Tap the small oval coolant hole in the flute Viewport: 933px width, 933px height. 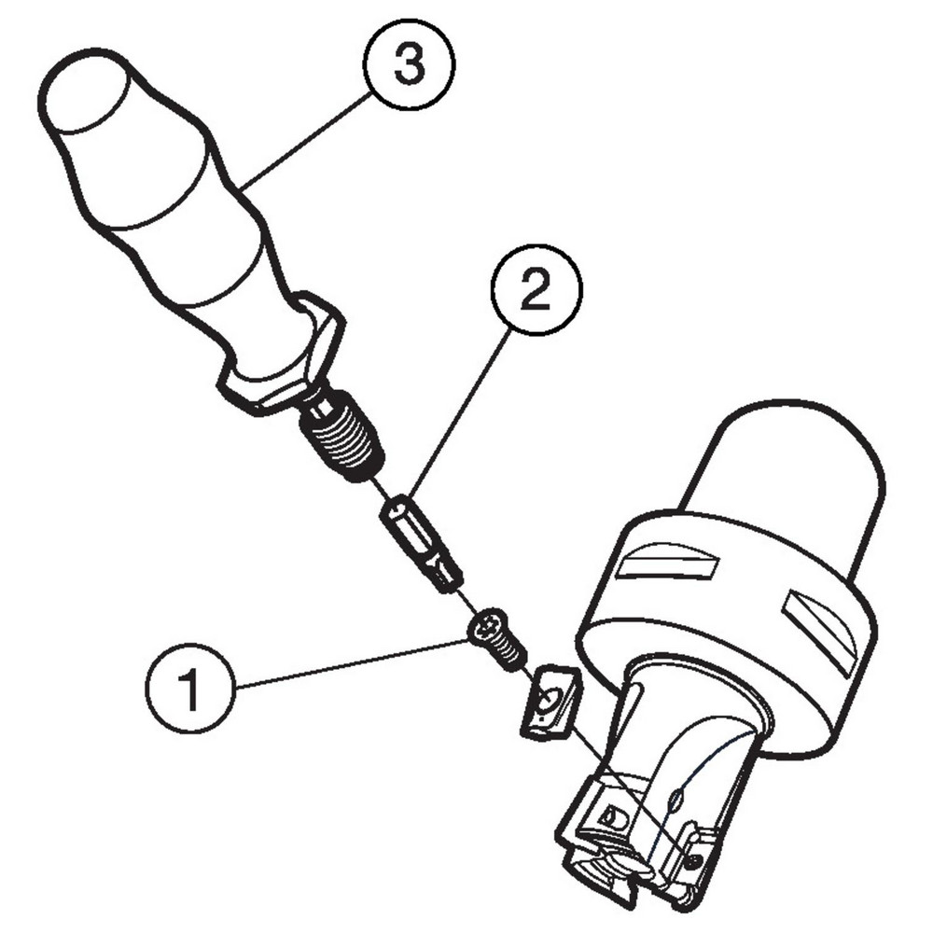pyautogui.click(x=676, y=798)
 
